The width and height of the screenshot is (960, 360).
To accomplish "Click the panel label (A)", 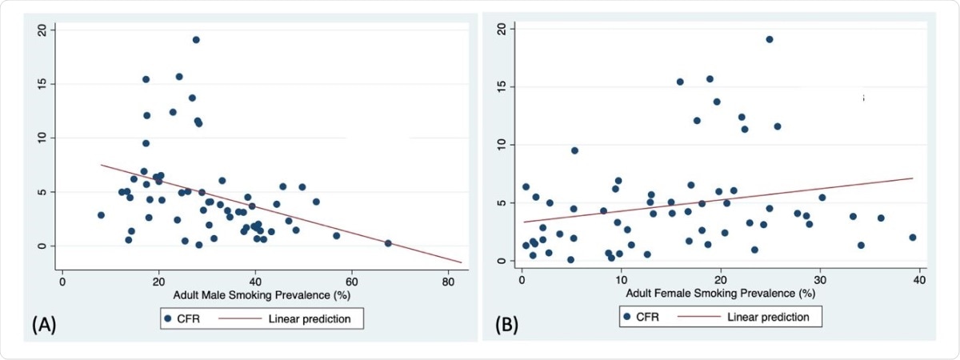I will (x=44, y=324).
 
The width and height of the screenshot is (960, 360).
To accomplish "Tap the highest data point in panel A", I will (x=196, y=40).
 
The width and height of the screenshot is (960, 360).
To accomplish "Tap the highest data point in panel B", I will (x=770, y=39).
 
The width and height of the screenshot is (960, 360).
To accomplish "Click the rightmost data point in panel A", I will (x=388, y=243).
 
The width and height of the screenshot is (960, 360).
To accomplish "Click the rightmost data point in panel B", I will (x=913, y=238).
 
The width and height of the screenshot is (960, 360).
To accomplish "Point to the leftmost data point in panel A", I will (x=101, y=215).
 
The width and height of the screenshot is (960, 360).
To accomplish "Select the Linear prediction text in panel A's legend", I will (x=309, y=318).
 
